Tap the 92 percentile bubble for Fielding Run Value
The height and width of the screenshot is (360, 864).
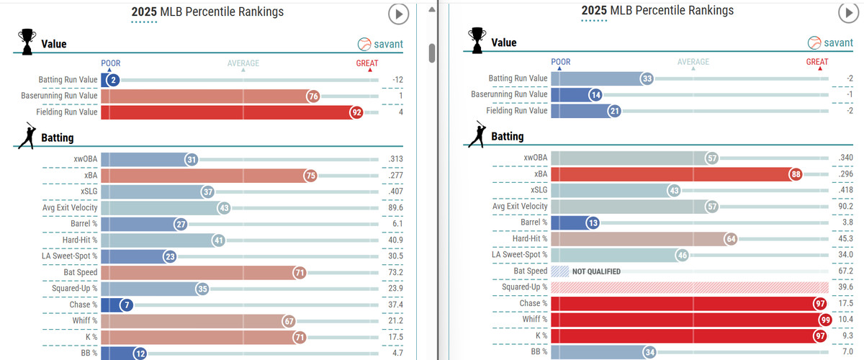pos(356,112)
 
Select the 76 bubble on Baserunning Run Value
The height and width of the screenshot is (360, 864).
pos(312,96)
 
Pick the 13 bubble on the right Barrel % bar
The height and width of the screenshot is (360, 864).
pos(592,222)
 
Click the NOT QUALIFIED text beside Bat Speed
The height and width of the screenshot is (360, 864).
pos(596,271)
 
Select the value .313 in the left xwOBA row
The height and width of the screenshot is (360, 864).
pos(395,160)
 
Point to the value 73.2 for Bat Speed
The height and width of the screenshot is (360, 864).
pos(395,272)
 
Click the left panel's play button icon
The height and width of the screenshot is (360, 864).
pos(398,14)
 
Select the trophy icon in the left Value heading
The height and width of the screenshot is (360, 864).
pos(27,42)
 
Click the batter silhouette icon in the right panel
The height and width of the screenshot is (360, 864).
pos(476,135)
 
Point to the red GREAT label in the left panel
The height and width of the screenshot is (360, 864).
pos(367,63)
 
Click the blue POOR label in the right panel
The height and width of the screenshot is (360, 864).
pos(560,62)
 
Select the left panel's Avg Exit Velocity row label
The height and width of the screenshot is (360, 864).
pos(68,208)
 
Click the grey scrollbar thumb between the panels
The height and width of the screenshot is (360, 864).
pos(432,53)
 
